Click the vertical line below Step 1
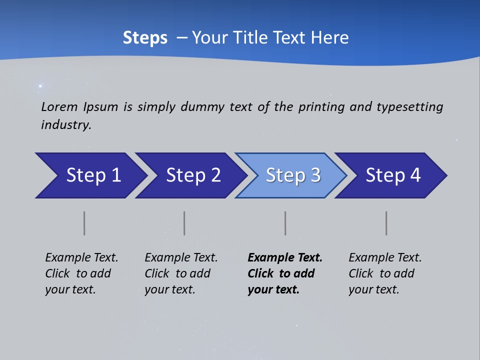84,223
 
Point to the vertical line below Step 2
184,223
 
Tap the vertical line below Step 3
285,223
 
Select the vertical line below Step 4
386,223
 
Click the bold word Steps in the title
145,38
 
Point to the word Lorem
59,107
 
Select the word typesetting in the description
409,107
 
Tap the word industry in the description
66,125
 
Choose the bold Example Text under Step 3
285,257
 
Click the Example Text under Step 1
81,257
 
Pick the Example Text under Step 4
385,257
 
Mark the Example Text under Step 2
181,257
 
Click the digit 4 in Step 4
415,175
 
